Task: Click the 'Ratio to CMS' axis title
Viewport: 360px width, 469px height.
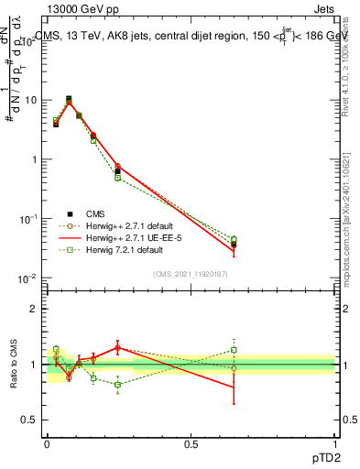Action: pos(13,364)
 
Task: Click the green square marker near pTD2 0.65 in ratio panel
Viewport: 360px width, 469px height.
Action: pos(234,349)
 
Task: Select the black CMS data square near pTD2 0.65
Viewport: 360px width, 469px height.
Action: pos(234,244)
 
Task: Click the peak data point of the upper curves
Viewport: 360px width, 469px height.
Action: pos(69,99)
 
